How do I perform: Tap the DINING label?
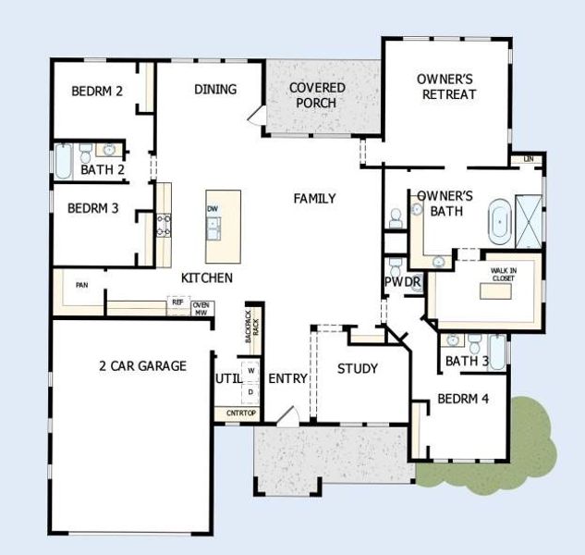[215, 90]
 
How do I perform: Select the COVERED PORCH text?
[317, 95]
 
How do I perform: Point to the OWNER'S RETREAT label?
[446, 87]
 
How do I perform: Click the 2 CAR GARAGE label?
[142, 365]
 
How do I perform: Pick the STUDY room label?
[357, 369]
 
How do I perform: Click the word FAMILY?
[314, 199]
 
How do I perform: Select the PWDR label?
[403, 281]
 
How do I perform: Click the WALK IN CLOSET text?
[504, 273]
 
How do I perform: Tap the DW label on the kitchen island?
[213, 209]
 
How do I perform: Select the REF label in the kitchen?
[176, 302]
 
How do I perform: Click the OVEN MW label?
[201, 309]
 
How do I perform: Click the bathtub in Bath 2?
[63, 161]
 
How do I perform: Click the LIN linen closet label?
[529, 159]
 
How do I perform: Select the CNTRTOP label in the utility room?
[236, 413]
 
